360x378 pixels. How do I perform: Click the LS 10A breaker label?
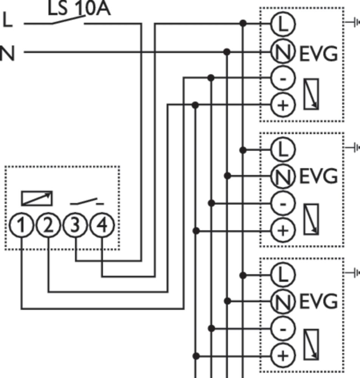[79, 9]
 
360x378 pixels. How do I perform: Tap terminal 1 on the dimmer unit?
[22, 226]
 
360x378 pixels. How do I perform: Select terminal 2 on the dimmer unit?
[48, 226]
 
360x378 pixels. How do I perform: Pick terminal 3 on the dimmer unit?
[76, 226]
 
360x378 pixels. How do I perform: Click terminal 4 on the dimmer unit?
[102, 226]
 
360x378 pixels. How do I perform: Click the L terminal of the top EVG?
[283, 24]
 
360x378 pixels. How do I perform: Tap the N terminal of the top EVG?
[283, 52]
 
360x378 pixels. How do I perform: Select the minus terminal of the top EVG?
[283, 78]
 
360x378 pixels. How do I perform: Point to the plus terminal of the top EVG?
[283, 105]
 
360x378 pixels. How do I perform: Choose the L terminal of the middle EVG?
[283, 150]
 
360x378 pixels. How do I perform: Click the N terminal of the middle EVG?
[283, 176]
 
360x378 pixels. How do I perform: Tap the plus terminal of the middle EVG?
[283, 230]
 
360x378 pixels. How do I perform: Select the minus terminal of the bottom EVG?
[283, 329]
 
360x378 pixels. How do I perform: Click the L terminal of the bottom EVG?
[283, 275]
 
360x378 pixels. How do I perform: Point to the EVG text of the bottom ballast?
[318, 302]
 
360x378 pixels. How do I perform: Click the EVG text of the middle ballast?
[318, 176]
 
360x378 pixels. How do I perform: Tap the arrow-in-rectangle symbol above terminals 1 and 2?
[37, 198]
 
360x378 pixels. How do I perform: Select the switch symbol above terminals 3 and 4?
[87, 202]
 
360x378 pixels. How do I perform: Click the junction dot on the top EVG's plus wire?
[195, 105]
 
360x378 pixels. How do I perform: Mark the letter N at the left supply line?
[7, 53]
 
